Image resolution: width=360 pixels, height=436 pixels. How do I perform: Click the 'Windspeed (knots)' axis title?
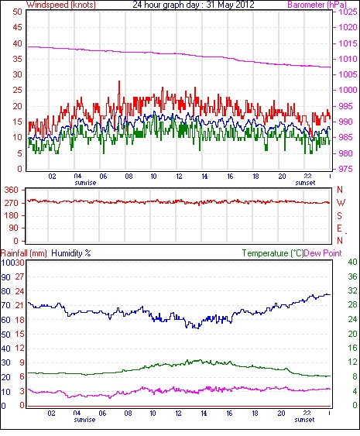click(61, 5)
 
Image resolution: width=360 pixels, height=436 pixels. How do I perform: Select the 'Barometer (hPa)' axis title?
click(317, 5)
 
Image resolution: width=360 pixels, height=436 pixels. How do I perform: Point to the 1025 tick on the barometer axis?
click(348, 12)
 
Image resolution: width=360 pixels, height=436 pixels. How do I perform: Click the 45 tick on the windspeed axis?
click(17, 27)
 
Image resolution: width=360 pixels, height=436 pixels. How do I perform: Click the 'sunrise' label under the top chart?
click(85, 183)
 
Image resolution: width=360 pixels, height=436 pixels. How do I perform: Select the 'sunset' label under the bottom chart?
click(304, 420)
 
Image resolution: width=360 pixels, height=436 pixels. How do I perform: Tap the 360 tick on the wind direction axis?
click(11, 191)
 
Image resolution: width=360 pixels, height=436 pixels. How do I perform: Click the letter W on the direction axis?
click(341, 203)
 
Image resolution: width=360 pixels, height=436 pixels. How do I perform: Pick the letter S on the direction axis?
click(339, 215)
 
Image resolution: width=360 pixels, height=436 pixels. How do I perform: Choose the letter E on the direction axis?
click(339, 228)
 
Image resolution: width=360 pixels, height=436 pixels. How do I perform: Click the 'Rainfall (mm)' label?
click(24, 253)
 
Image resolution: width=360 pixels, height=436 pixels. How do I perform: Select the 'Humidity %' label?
click(71, 253)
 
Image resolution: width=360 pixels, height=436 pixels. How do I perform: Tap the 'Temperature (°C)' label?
click(273, 253)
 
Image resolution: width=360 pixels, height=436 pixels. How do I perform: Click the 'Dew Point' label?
click(323, 253)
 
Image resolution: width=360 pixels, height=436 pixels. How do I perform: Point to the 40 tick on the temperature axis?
click(352, 262)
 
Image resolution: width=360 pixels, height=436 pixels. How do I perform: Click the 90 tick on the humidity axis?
click(6, 277)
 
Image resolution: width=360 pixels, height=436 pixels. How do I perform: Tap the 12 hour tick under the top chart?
click(179, 177)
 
